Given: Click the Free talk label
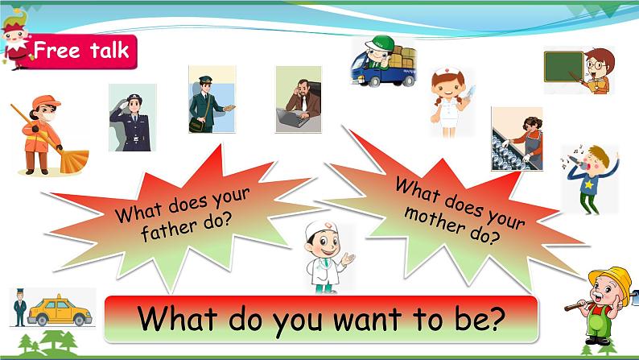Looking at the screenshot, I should click(x=80, y=52).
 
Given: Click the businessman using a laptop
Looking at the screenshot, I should click(x=298, y=100).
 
